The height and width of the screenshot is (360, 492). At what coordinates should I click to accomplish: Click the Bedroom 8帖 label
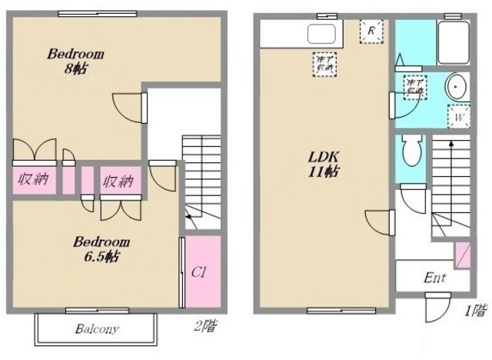coord(75,61)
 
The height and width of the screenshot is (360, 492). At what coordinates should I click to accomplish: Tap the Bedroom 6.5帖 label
coord(100,248)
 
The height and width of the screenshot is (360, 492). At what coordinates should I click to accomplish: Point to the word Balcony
coord(96,330)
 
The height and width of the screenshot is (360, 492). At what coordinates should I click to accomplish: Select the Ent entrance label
coord(435,278)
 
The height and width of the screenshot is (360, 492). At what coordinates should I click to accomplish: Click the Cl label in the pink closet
coord(199,272)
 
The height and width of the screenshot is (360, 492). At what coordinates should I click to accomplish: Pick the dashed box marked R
coord(371,32)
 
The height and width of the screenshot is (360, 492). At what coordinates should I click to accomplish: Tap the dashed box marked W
coord(459,117)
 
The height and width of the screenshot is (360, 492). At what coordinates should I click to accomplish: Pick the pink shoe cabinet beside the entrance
coord(464,255)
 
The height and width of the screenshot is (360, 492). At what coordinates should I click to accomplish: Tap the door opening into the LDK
coord(378,222)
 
